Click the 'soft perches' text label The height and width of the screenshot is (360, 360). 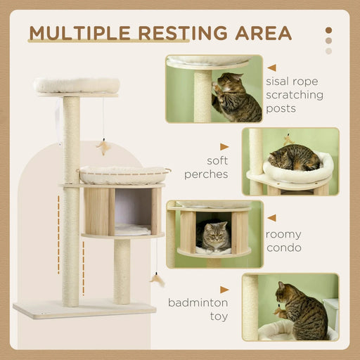[207, 167]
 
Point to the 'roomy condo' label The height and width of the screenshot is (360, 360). [284, 241]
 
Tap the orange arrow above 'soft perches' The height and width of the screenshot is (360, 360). [224, 147]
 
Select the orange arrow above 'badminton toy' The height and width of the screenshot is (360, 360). [224, 289]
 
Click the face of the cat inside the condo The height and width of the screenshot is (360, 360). [217, 231]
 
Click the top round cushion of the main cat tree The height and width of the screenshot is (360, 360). [76, 85]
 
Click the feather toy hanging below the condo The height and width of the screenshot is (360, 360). [157, 280]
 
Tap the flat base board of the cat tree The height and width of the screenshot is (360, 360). [84, 309]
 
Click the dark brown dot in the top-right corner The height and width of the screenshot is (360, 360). [328, 30]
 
